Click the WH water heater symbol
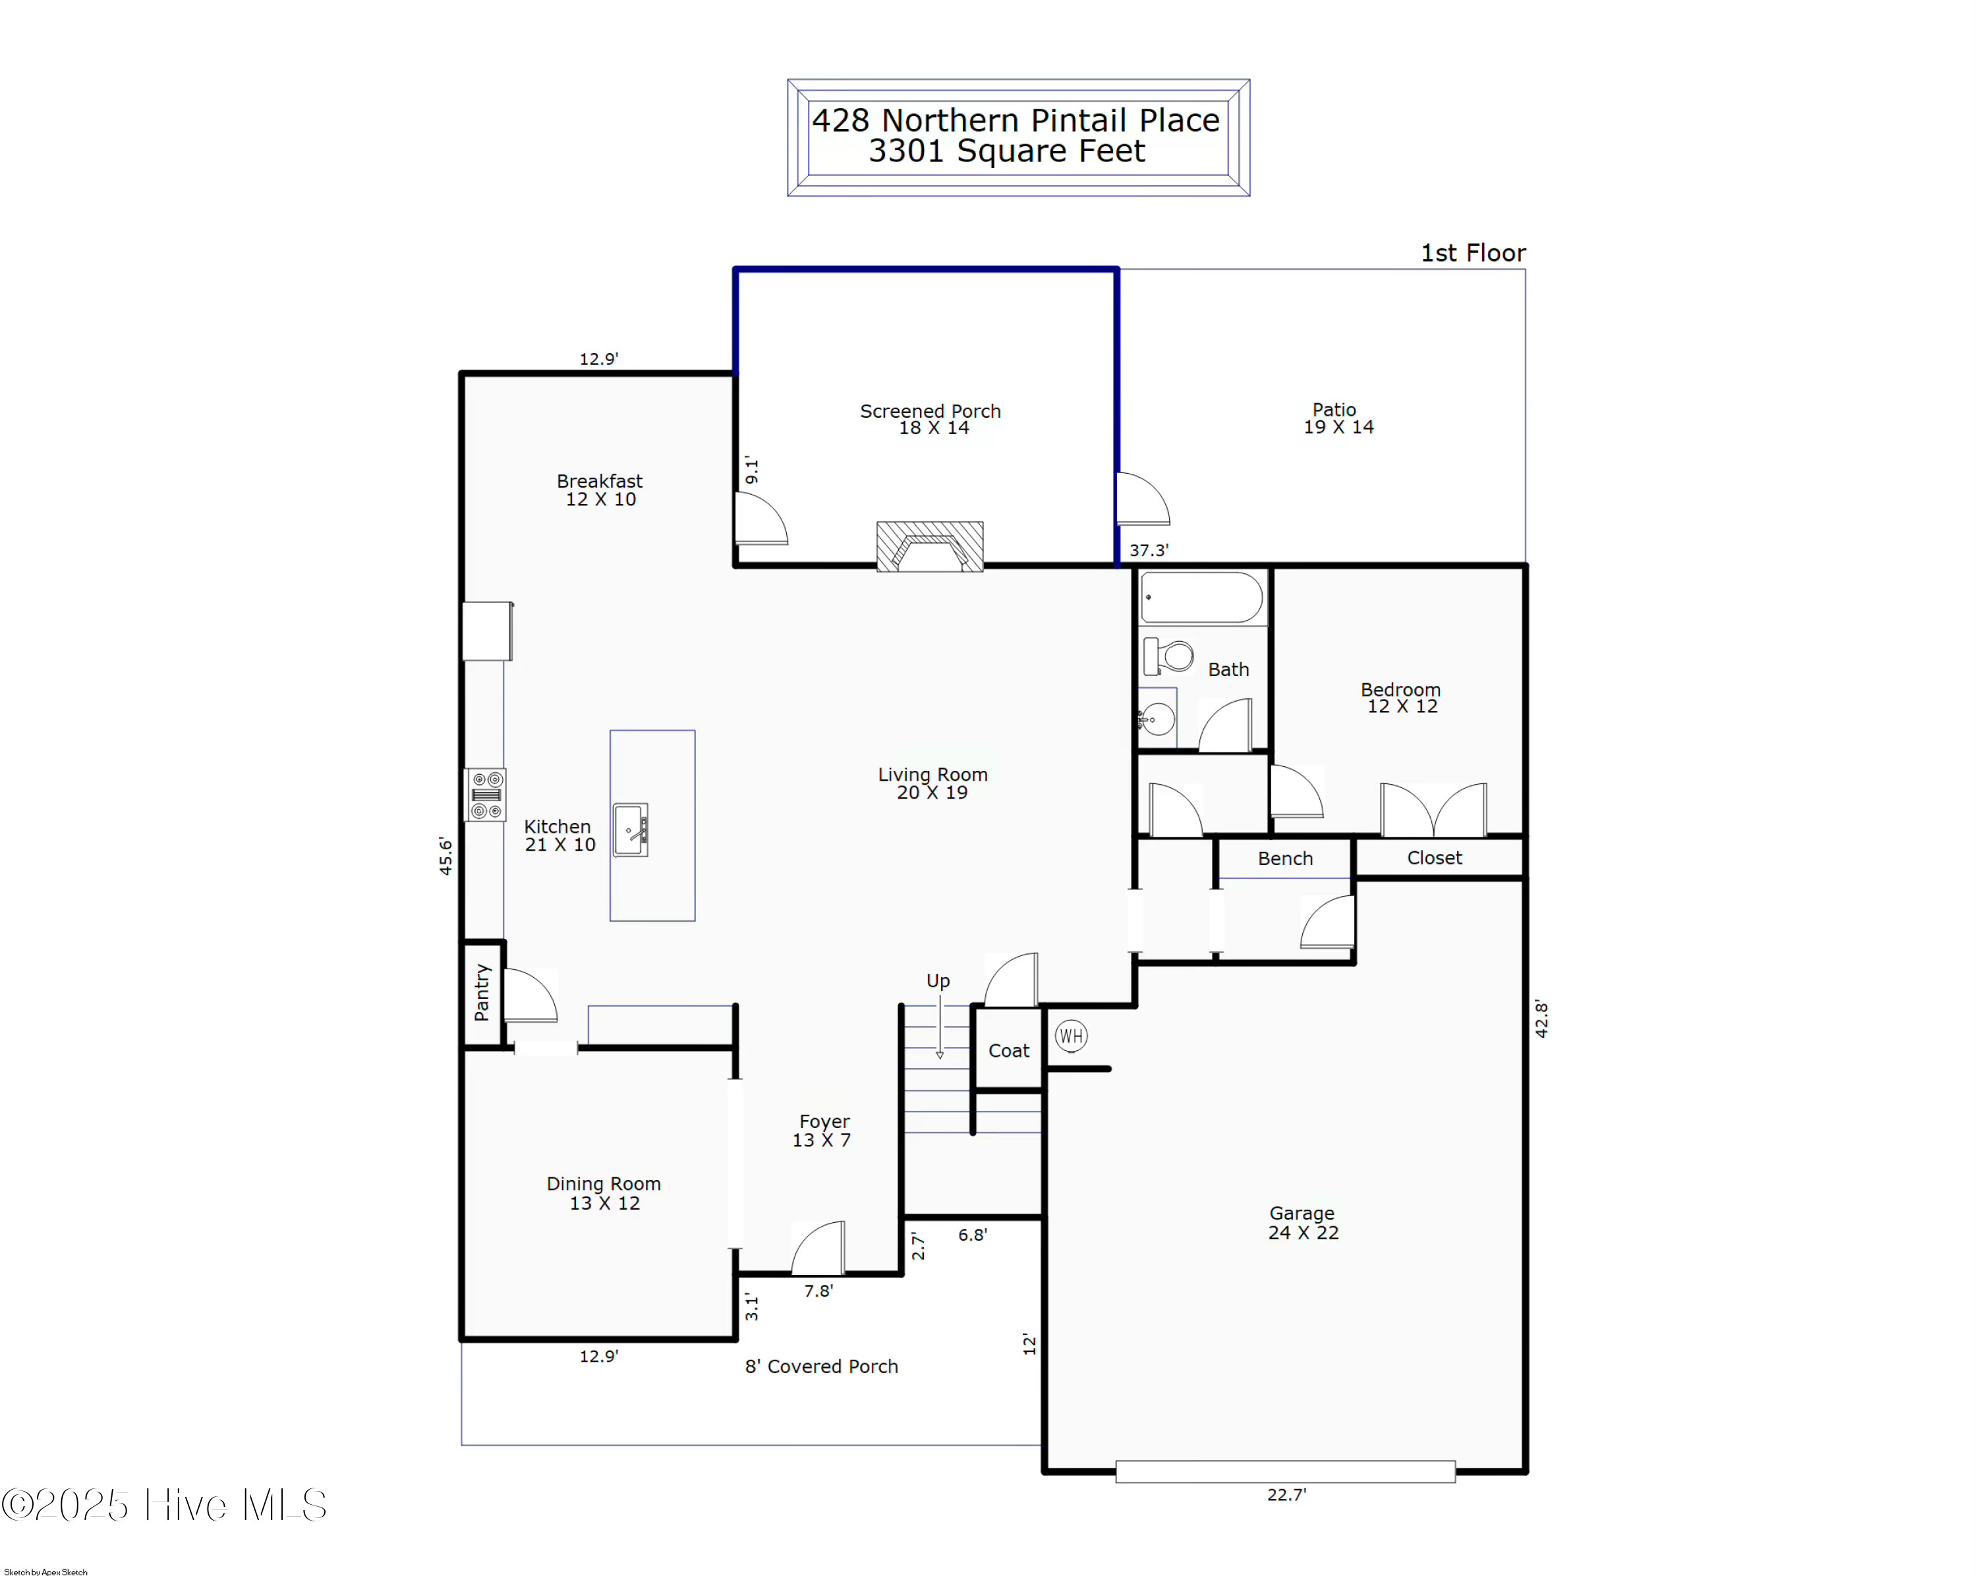[1070, 1036]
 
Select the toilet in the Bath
[1168, 656]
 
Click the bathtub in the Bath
[1201, 598]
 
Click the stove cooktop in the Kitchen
[485, 795]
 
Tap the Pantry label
[482, 992]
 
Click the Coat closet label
[1009, 1051]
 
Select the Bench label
[1284, 858]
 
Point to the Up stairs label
[937, 980]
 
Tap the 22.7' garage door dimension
[1286, 1494]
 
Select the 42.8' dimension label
[1541, 1019]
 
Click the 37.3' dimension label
[1148, 550]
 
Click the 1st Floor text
[1473, 253]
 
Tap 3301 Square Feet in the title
[1007, 152]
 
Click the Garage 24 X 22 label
[1302, 1223]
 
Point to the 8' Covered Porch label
[820, 1366]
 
